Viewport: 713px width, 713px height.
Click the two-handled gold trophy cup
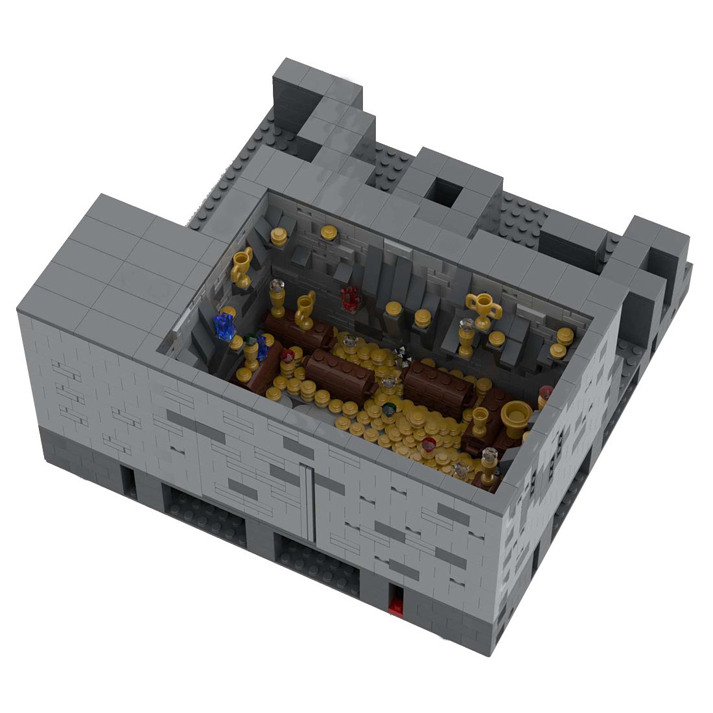click(x=483, y=310)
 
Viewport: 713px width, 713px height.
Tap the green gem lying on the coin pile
click(x=389, y=408)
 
